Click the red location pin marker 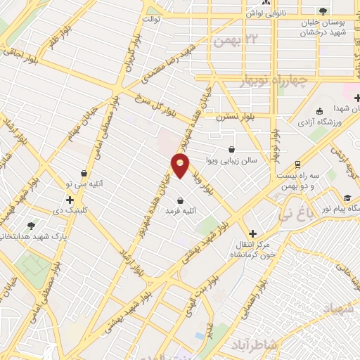(x=180, y=165)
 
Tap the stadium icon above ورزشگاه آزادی (x=320, y=110)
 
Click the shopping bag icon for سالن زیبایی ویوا (x=232, y=148)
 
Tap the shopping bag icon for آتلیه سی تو (x=84, y=173)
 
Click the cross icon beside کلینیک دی (x=70, y=200)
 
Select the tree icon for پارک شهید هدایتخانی (x=31, y=226)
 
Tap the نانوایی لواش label (x=259, y=13)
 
